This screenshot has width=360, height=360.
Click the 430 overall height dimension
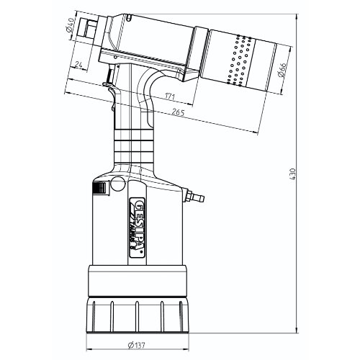point(293,174)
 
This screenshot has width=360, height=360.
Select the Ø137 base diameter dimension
point(136,346)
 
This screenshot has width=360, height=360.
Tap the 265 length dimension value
point(178,112)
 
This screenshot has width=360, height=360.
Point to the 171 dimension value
point(170,96)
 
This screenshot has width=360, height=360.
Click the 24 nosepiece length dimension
point(78,64)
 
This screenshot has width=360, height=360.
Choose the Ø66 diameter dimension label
point(282,70)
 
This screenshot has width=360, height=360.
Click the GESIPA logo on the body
point(137,228)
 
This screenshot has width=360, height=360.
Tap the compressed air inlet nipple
point(194,197)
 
